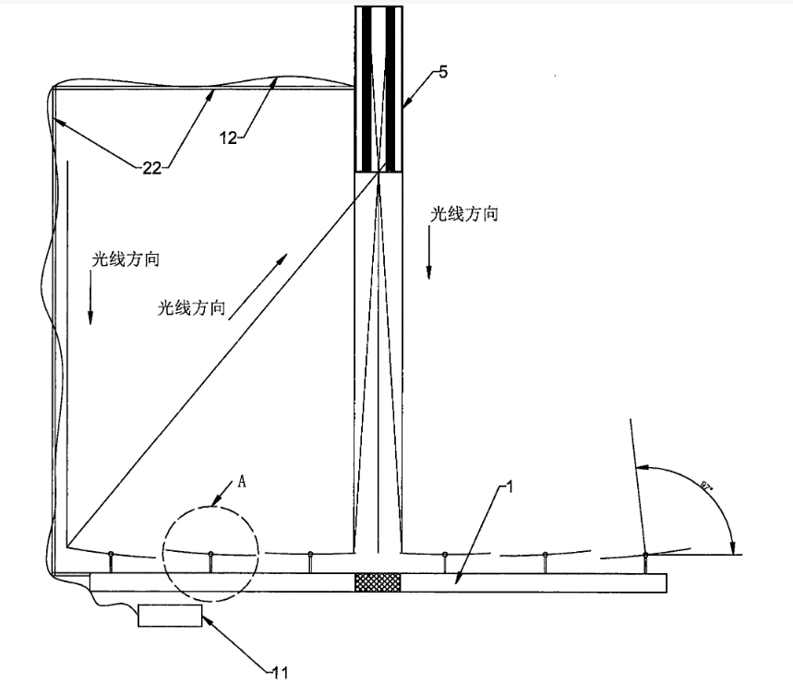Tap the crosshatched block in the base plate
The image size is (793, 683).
[378, 582]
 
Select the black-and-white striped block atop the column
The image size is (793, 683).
[378, 89]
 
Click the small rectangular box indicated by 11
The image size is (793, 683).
[170, 616]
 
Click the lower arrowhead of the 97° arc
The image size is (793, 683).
[733, 547]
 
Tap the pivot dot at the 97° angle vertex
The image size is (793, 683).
[645, 555]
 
